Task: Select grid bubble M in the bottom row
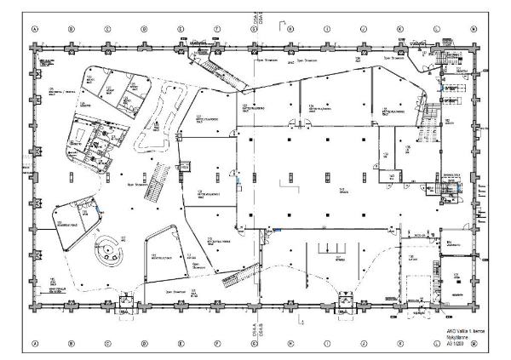473,344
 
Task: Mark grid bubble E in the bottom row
181,344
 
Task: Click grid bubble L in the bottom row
436,344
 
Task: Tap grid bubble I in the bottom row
327,344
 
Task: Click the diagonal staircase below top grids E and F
208,66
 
